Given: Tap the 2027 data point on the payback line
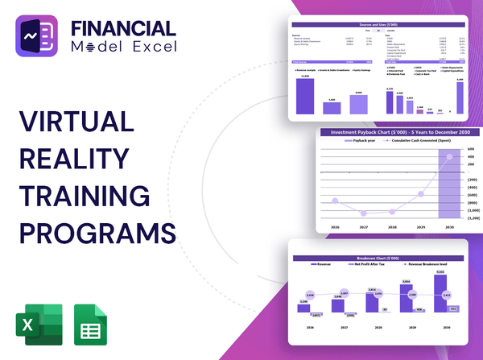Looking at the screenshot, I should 365,213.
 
